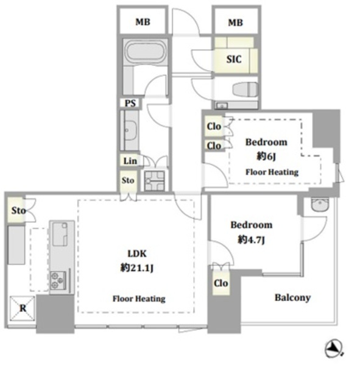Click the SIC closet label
pyautogui.click(x=234, y=59)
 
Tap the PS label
pyautogui.click(x=130, y=103)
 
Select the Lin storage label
pyautogui.click(x=130, y=161)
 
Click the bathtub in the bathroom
pyautogui.click(x=146, y=52)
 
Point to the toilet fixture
pyautogui.click(x=245, y=89)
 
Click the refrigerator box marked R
pyautogui.click(x=23, y=308)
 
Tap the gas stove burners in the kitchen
pyautogui.click(x=58, y=280)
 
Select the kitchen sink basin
pyautogui.click(x=60, y=234)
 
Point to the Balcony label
pyautogui.click(x=292, y=298)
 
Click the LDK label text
pyautogui.click(x=137, y=253)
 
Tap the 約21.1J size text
pyautogui.click(x=137, y=268)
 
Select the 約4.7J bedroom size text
pyautogui.click(x=252, y=239)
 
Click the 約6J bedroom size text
pyautogui.click(x=266, y=156)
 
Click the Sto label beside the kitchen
pyautogui.click(x=18, y=211)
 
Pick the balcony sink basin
pyautogui.click(x=320, y=205)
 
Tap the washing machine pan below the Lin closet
pyautogui.click(x=155, y=181)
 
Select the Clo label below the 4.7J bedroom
pyautogui.click(x=221, y=283)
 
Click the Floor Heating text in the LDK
pyautogui.click(x=139, y=299)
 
